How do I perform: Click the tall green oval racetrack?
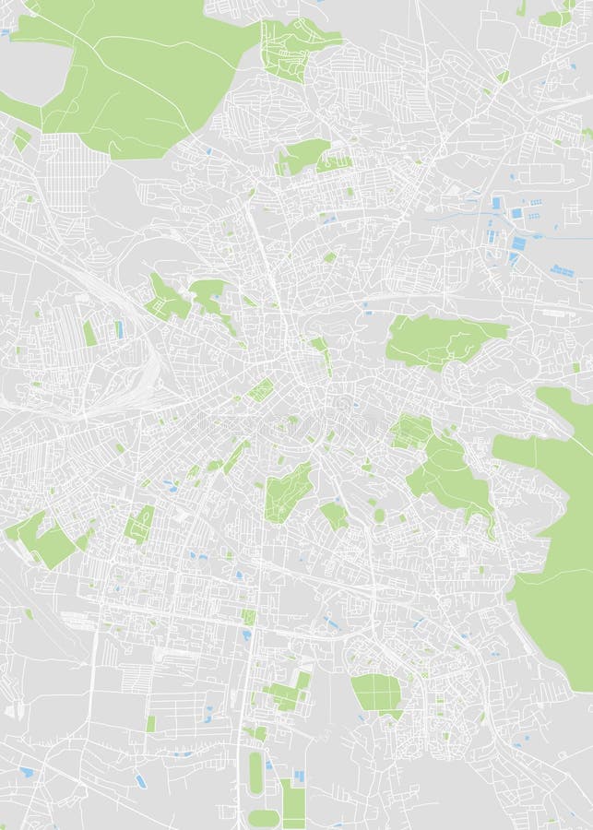click(255, 773)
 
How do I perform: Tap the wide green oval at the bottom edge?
click(263, 818)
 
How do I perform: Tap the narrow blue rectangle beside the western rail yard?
click(118, 329)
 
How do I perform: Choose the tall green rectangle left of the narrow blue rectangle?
click(90, 333)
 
